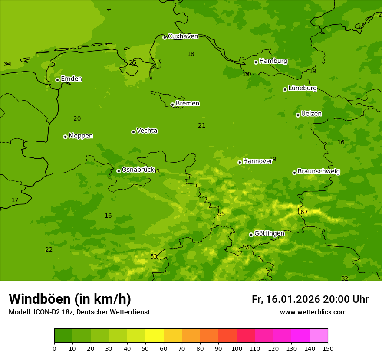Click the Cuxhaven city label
pos(183,36)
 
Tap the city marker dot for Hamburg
pos(256,62)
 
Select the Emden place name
pos(71,79)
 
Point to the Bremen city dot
pos(172,105)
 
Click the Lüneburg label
pos(302,88)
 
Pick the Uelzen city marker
pos(298,115)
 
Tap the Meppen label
pos(80,136)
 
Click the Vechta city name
pos(147,131)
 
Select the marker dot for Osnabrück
pos(119,171)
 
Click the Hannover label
pos(257,161)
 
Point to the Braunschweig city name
pos(319,172)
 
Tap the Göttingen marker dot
pos(251,235)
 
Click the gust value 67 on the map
pos(304,212)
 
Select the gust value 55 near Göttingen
pos(221,214)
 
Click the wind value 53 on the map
pos(154,256)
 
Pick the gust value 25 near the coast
pos(132,62)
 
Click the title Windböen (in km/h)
pos(70,299)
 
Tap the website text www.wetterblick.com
pos(313,312)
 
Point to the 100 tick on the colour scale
pos(237,348)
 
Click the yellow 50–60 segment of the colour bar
pos(155,336)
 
